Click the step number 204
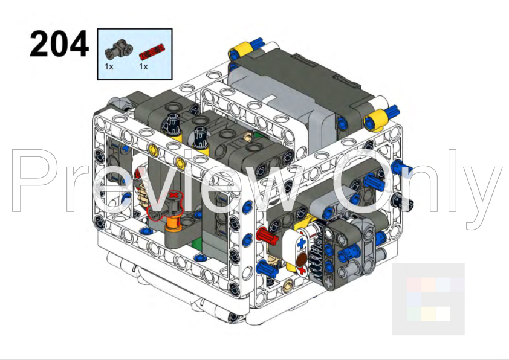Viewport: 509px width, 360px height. tap(59, 43)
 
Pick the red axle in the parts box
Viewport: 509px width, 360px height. tap(152, 52)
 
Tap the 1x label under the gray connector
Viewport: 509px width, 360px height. tap(109, 66)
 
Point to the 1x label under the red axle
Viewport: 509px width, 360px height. tap(143, 66)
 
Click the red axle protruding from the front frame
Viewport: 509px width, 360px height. tap(267, 236)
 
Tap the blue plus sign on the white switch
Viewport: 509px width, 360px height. tap(302, 242)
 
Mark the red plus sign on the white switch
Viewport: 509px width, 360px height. tap(302, 269)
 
